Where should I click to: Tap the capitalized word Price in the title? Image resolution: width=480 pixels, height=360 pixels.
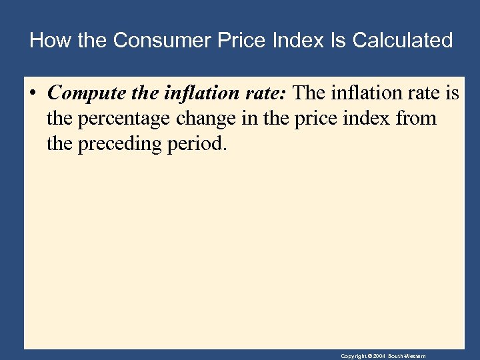(x=235, y=41)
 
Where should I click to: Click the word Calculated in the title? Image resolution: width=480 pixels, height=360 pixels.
(x=403, y=41)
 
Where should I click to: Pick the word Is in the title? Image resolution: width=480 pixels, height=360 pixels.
(x=338, y=41)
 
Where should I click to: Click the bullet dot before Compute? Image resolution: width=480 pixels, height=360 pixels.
(x=33, y=94)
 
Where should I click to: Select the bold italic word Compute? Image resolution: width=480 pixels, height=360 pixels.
(x=83, y=93)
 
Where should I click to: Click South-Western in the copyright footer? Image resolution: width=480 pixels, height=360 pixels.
(x=408, y=357)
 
